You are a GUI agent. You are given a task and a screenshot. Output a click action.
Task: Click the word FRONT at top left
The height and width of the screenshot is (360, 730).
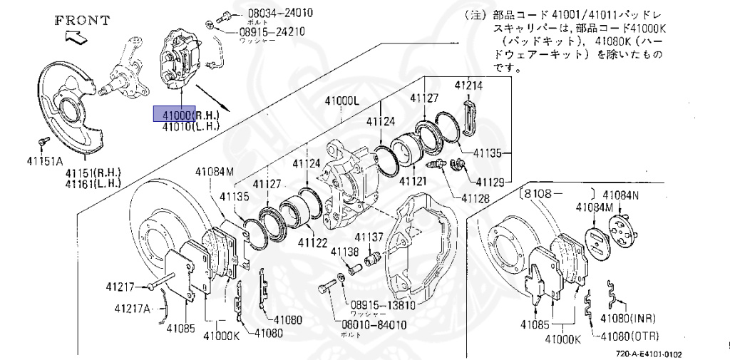[83, 20]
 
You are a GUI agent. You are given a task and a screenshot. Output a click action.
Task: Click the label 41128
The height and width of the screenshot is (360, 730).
[475, 198]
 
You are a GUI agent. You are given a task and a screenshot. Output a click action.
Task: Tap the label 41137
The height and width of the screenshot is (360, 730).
[369, 237]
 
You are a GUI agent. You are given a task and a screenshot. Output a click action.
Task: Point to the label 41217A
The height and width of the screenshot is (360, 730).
[133, 309]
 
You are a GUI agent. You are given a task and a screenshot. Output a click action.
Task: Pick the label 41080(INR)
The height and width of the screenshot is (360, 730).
[627, 317]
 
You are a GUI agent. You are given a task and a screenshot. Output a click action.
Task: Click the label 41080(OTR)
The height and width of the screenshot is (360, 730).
[629, 336]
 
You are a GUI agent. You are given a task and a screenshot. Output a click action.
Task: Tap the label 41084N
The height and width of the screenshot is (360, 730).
[621, 195]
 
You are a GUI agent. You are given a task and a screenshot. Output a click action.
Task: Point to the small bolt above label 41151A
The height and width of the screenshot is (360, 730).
[43, 143]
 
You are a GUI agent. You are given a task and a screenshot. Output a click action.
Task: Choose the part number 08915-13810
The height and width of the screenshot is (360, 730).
[382, 304]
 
